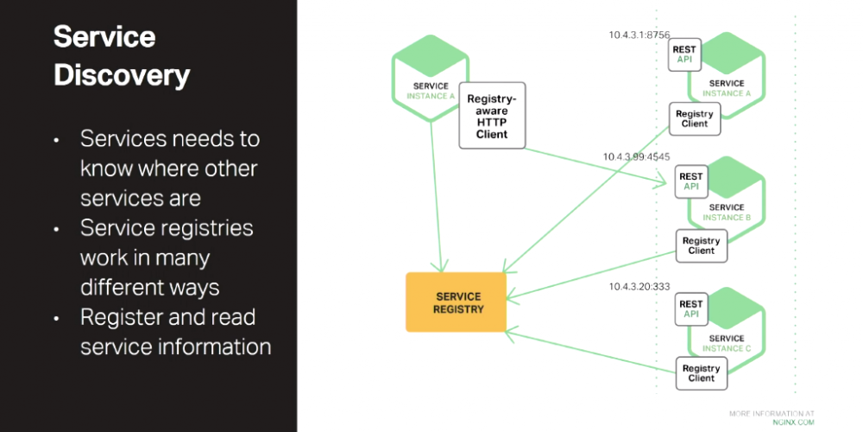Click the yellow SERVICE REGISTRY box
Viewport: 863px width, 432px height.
point(456,302)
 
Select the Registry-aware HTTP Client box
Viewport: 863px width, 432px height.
point(491,116)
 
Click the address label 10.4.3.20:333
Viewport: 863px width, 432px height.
point(639,286)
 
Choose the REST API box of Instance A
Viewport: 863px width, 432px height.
point(684,54)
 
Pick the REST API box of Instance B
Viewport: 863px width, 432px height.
point(691,181)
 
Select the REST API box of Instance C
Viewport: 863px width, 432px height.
point(691,309)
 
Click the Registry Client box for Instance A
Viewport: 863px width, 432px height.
point(694,118)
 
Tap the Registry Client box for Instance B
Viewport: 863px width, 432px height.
point(701,245)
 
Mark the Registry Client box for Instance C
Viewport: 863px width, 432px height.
point(701,373)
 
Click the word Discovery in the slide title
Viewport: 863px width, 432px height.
point(121,75)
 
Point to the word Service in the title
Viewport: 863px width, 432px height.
point(104,37)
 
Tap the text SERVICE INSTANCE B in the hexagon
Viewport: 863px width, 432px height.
point(727,213)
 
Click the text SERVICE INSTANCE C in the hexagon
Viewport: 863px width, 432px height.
point(727,343)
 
